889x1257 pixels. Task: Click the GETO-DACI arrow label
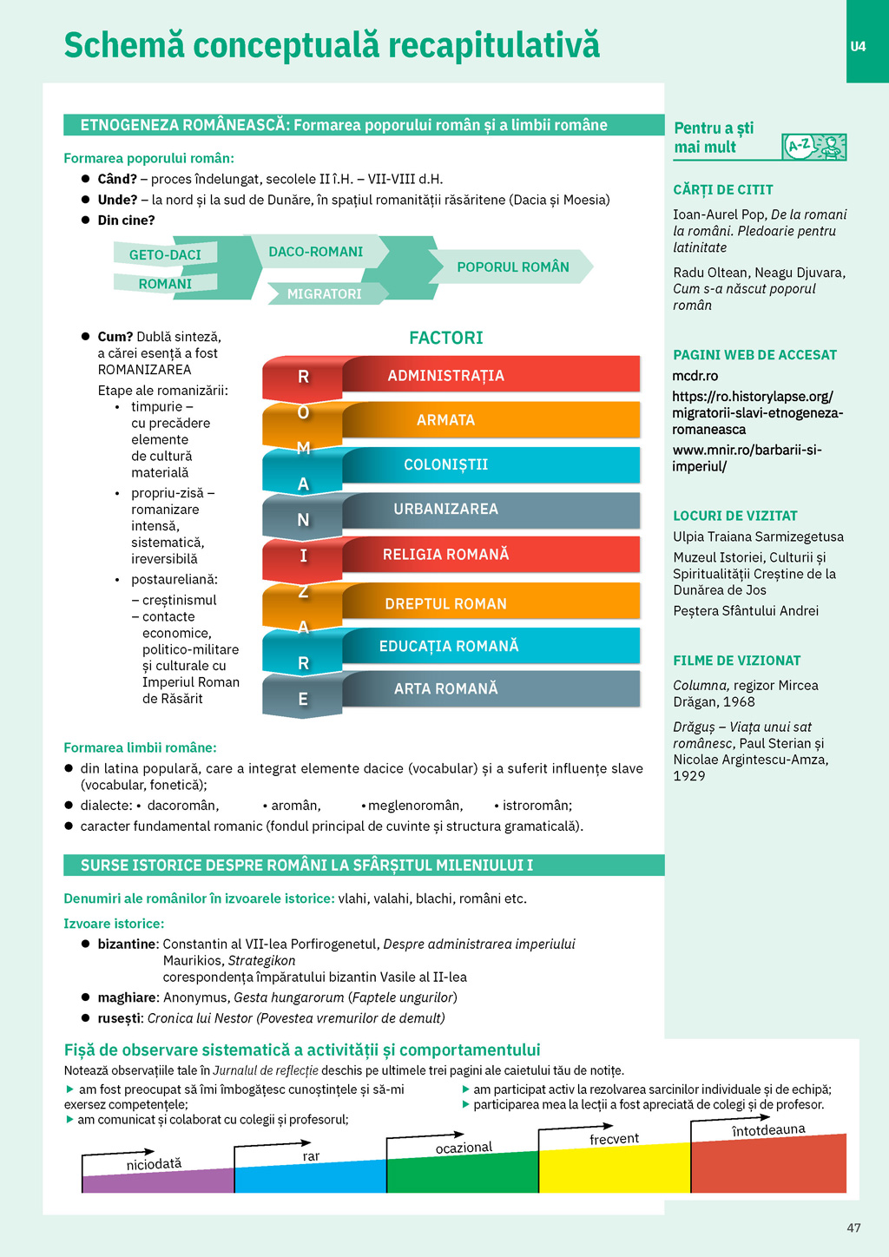pos(165,254)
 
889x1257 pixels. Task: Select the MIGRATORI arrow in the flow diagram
pos(325,293)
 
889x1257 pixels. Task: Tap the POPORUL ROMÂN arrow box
pos(512,267)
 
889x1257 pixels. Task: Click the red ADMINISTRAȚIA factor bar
pos(491,375)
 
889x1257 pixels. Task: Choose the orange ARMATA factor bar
pos(491,420)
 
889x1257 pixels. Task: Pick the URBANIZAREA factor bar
pos(491,510)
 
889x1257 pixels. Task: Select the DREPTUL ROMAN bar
pos(491,603)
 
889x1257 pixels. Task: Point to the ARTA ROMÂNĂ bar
pos(491,688)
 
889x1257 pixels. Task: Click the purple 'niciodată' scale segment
pos(156,1181)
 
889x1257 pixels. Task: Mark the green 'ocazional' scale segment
pos(462,1174)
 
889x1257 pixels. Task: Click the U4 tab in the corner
pos(858,46)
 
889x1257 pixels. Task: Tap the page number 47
pos(853,1227)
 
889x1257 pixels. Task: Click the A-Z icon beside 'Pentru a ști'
pos(813,147)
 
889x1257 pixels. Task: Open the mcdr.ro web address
pos(695,376)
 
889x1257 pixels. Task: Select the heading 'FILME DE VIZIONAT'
pos(736,661)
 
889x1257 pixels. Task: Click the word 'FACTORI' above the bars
pos(446,338)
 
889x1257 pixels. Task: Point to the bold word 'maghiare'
pos(127,997)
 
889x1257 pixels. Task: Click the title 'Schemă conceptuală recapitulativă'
pos(332,45)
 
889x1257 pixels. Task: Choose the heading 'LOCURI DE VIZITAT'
pos(734,516)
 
